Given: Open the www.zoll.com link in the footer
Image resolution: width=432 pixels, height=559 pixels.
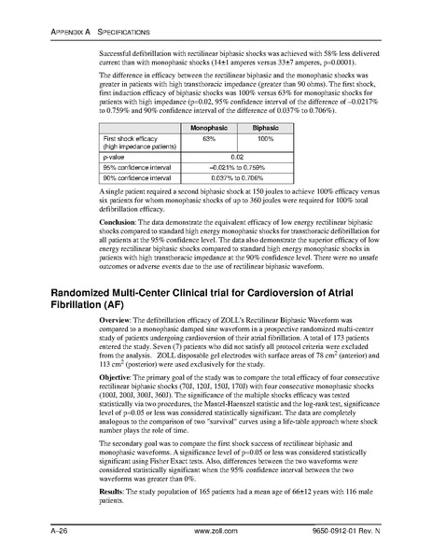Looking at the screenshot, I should [x=216, y=532].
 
